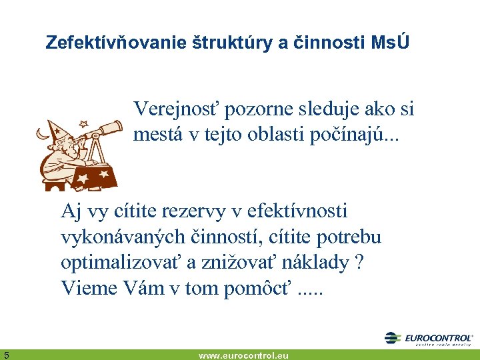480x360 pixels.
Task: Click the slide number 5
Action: (6, 355)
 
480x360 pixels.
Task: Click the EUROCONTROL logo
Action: (429, 339)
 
